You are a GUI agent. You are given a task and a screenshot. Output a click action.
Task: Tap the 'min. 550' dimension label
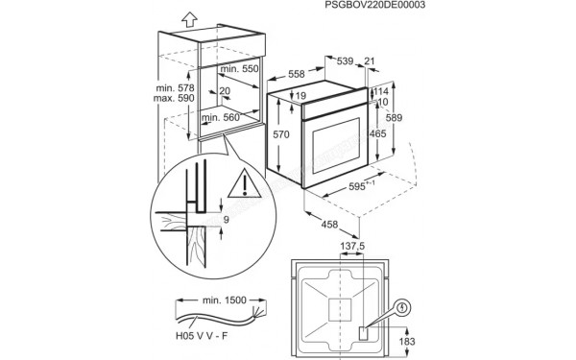[x=239, y=70]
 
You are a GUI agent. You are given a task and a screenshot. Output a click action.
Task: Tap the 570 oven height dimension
[x=280, y=135]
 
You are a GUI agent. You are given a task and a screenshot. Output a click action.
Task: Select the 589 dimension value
[x=407, y=116]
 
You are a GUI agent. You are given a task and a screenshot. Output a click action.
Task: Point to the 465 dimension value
[x=380, y=133]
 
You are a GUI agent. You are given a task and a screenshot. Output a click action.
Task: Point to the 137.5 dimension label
[x=353, y=248]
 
